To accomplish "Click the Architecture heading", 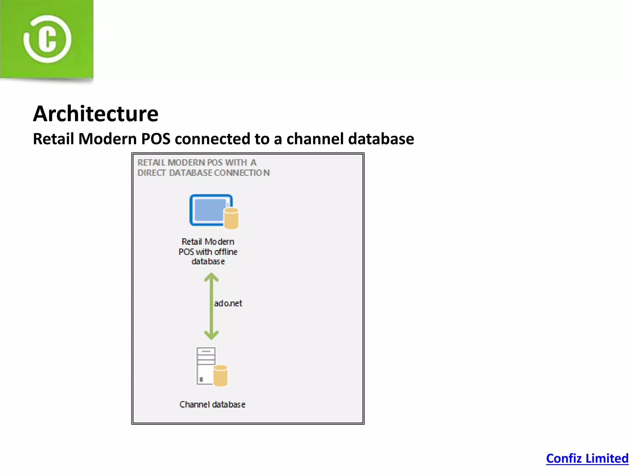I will coord(96,114).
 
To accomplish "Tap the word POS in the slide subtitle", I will coord(155,139).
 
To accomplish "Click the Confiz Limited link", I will coord(587,458).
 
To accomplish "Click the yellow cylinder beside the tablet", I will coord(231,218).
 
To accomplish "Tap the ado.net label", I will coord(228,303).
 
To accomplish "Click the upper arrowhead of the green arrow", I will coord(211,276).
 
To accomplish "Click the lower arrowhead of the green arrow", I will coord(211,335).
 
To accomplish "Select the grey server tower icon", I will coord(205,366).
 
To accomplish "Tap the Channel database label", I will coord(212,404).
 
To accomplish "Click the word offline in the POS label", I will coord(226,252).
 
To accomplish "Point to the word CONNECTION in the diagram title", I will coord(242,173).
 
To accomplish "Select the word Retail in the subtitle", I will coord(53,139).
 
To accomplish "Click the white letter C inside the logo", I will coord(47,39).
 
